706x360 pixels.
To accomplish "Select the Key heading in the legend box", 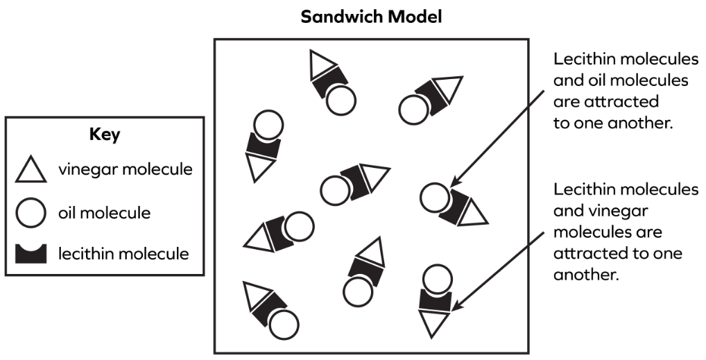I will click(105, 135).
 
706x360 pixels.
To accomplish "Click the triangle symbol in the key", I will click(31, 171).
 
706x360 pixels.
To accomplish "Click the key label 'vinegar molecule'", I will click(126, 169).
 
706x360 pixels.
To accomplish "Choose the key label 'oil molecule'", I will click(104, 212).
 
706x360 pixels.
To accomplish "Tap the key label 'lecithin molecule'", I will click(123, 254).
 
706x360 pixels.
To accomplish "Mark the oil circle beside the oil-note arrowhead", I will click(434, 197).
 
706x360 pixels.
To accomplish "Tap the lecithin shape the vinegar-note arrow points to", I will click(436, 300).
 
